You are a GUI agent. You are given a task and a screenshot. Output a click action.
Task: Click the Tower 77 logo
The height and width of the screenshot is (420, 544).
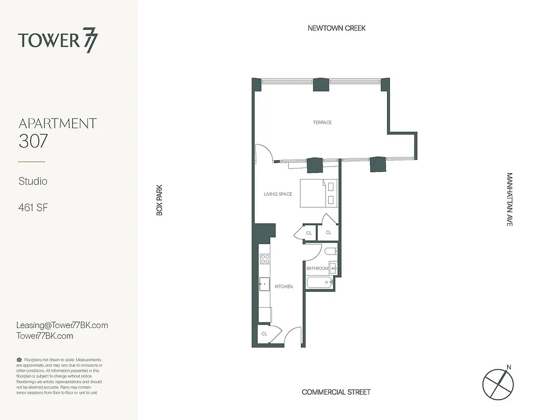(x=58, y=41)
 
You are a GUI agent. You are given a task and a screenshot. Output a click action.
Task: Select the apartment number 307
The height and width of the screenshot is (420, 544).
(x=34, y=142)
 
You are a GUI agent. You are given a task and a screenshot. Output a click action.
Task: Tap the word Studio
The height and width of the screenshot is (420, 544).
(x=33, y=181)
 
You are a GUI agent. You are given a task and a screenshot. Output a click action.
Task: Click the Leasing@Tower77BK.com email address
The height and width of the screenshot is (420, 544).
(x=62, y=325)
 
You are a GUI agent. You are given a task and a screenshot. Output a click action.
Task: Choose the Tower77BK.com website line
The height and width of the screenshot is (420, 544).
(x=45, y=336)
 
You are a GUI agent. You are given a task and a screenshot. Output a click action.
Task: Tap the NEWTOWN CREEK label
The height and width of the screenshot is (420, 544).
(x=337, y=28)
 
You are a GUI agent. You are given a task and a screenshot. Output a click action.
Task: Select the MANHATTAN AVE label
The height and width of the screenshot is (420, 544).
(x=509, y=199)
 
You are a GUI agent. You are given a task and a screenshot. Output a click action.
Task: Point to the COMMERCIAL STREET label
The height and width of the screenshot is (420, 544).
(x=336, y=392)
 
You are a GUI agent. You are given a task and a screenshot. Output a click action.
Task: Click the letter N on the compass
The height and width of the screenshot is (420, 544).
(x=508, y=367)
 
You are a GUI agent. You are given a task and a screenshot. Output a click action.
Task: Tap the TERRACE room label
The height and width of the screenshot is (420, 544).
(x=322, y=122)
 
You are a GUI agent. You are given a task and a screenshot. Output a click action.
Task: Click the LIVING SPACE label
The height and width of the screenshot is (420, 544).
(x=278, y=194)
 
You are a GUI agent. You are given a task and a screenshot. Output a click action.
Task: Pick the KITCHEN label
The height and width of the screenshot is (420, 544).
(x=284, y=287)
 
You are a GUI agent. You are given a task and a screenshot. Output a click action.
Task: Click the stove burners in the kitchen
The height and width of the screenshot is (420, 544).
(x=265, y=258)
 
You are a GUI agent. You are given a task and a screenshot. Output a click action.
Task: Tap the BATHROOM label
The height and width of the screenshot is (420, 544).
(x=317, y=268)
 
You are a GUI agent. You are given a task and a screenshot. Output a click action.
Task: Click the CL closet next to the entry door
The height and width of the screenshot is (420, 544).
(x=264, y=333)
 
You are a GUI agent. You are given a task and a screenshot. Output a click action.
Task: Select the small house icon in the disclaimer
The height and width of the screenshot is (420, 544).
(x=19, y=360)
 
